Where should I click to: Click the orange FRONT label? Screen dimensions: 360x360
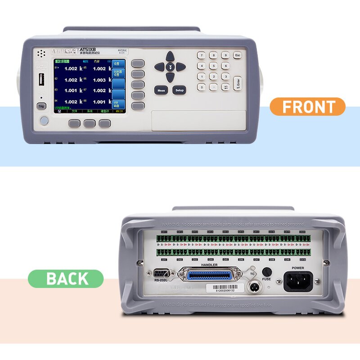coord(307,107)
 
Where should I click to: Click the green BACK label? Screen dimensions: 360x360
coord(66,279)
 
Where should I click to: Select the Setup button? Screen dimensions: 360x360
coord(179,90)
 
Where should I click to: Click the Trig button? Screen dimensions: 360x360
coord(41,106)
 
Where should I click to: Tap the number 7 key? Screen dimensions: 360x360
coord(201,55)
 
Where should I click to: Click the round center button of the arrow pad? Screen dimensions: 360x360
coord(170,67)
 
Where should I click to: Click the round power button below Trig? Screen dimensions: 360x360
coord(44,121)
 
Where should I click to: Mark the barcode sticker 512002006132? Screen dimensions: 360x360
coord(223,288)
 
